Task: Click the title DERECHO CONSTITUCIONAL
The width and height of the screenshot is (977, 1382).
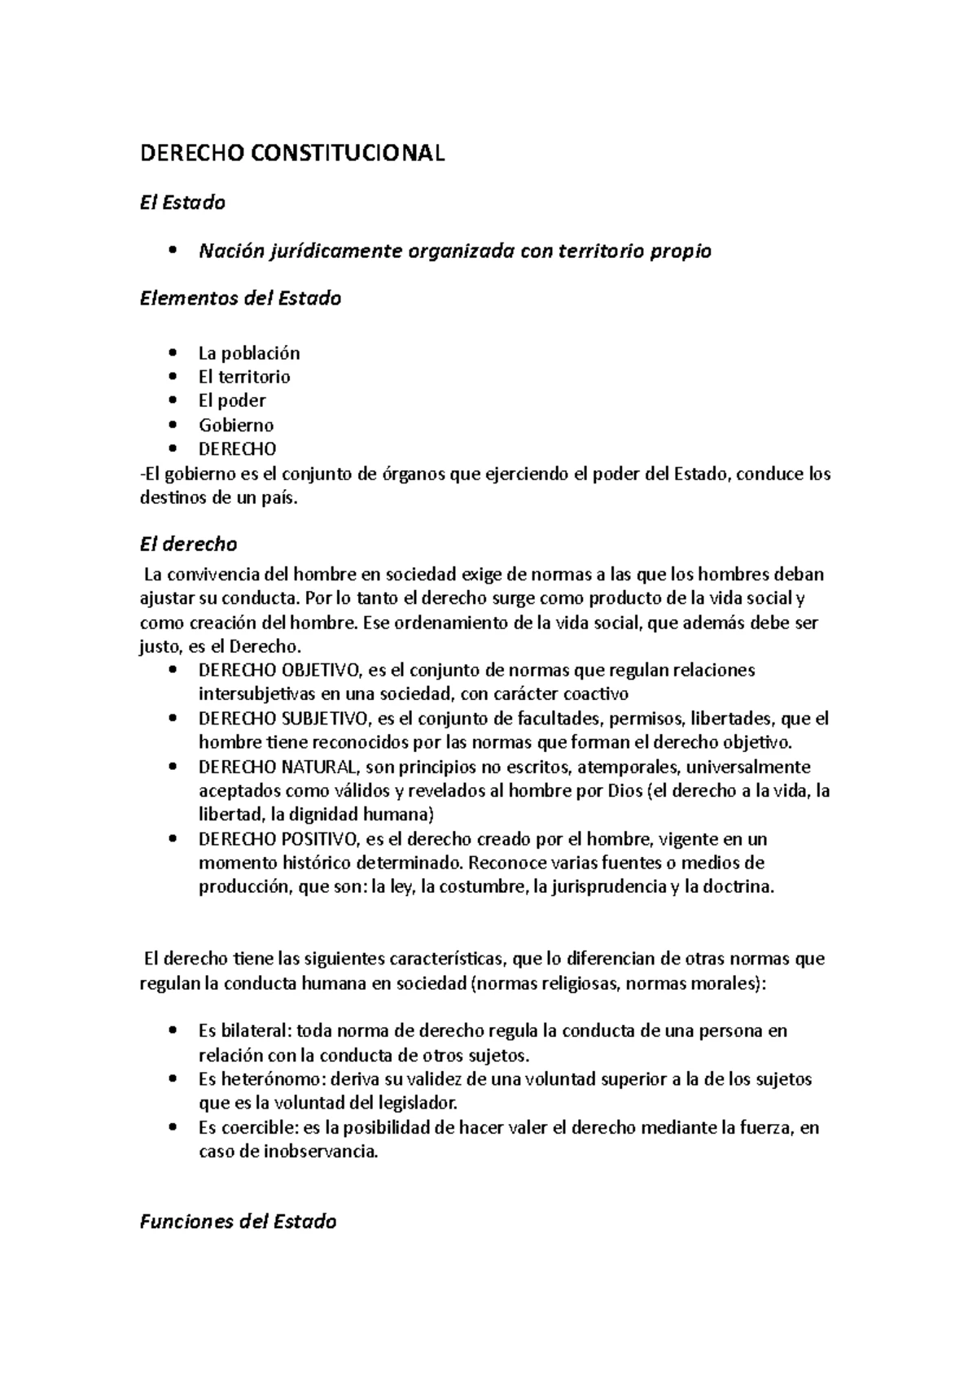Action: click(292, 154)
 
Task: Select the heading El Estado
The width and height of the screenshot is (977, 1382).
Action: click(182, 203)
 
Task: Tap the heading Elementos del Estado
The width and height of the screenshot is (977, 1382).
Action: click(240, 299)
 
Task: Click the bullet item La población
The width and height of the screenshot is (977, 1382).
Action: click(249, 353)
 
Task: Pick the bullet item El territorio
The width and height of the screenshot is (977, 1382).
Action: click(244, 377)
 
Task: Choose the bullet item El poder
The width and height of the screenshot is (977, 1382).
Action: click(232, 400)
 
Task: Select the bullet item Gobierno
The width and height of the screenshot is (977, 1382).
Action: click(236, 425)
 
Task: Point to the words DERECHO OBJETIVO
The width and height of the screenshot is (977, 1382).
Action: click(279, 671)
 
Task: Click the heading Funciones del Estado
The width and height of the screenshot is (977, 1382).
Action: click(239, 1222)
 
